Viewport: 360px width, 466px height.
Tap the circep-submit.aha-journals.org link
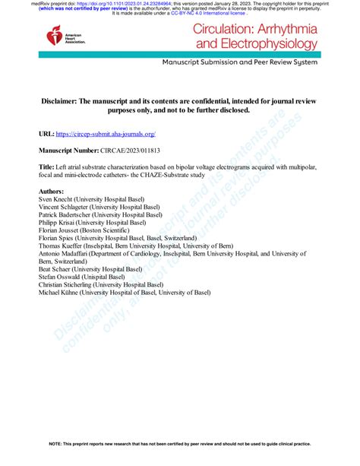tap(112, 133)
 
